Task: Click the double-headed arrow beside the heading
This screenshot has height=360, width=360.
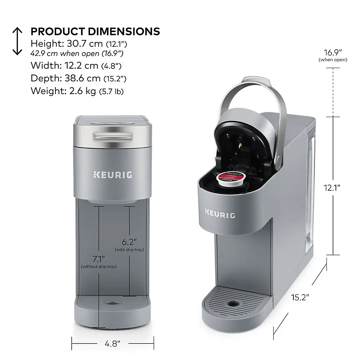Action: (x=17, y=41)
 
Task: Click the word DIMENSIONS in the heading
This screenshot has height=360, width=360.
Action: (x=124, y=32)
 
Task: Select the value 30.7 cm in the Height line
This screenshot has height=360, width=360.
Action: (x=85, y=44)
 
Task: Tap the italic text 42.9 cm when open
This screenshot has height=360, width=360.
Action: (x=65, y=54)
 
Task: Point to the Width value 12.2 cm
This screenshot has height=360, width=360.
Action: (x=81, y=66)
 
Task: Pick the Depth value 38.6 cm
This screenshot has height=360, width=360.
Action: (x=82, y=78)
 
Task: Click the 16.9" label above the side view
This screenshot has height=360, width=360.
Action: (x=333, y=53)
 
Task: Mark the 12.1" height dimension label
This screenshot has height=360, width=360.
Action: (x=332, y=188)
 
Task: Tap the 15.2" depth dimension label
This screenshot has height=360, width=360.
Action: (x=300, y=297)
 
